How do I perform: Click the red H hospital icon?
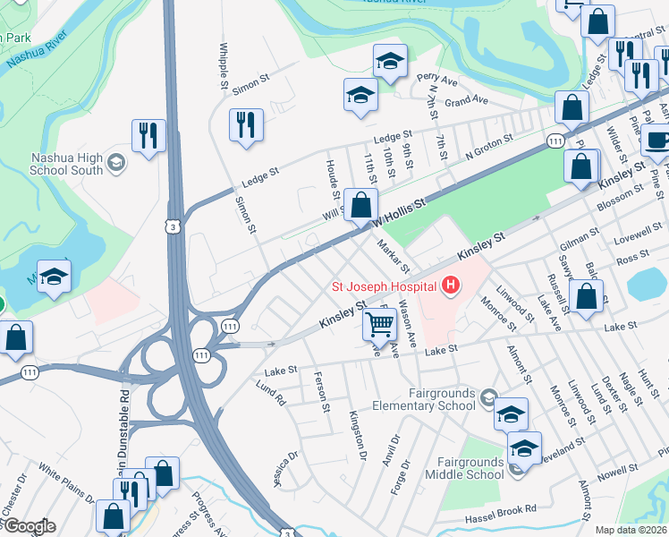click(451, 286)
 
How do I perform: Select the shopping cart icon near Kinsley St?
click(380, 323)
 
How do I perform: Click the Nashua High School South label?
click(66, 163)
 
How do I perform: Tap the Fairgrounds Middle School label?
click(470, 468)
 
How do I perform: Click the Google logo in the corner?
click(29, 526)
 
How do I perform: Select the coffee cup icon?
click(657, 141)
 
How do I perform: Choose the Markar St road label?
click(393, 256)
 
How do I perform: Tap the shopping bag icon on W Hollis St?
click(360, 205)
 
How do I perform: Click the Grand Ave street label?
click(466, 99)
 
